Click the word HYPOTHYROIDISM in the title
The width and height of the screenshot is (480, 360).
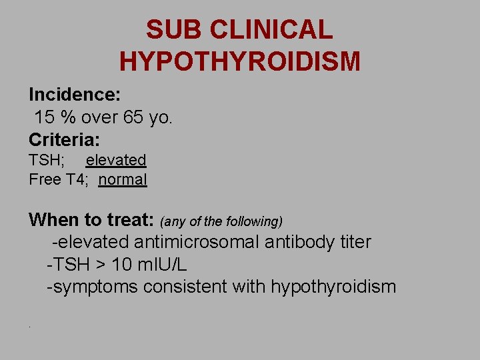coord(240,61)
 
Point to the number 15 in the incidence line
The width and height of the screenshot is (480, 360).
coord(44,117)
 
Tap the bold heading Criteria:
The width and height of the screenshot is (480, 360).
coord(64,140)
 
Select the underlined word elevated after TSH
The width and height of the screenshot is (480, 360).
coord(116,160)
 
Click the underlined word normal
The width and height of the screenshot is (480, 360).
coord(123,179)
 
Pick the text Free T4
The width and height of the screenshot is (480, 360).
coord(55,179)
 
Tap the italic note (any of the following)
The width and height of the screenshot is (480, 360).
coord(221,221)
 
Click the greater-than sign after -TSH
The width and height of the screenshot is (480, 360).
coord(99,265)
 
